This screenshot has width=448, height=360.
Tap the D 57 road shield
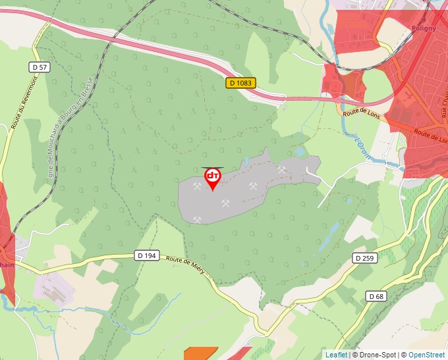[40, 67]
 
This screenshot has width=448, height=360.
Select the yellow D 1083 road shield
[240, 83]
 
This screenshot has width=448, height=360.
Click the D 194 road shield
[148, 255]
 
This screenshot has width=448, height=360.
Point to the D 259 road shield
[363, 258]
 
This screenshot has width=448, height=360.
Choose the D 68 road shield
[376, 296]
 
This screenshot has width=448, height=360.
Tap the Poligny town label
[424, 28]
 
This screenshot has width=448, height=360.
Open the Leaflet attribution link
[336, 355]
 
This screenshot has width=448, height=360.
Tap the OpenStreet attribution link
[426, 355]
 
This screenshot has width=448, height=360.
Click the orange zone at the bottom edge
[200, 353]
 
